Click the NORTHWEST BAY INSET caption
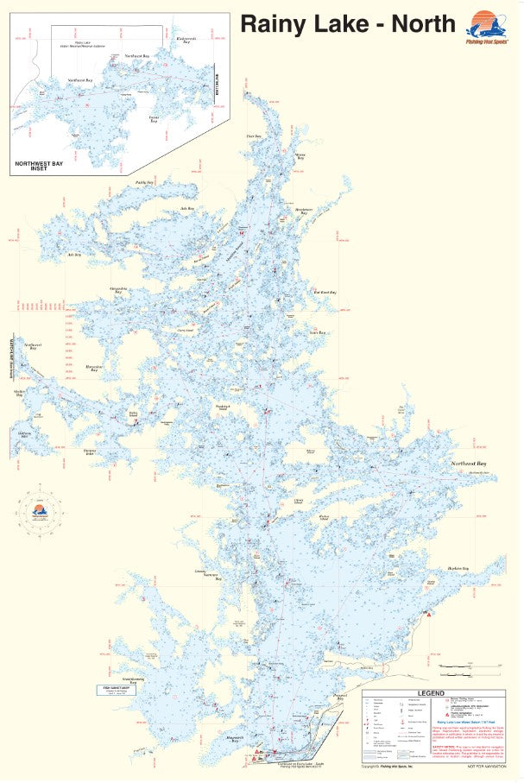42,165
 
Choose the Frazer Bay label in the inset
153,118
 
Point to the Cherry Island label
184,330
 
